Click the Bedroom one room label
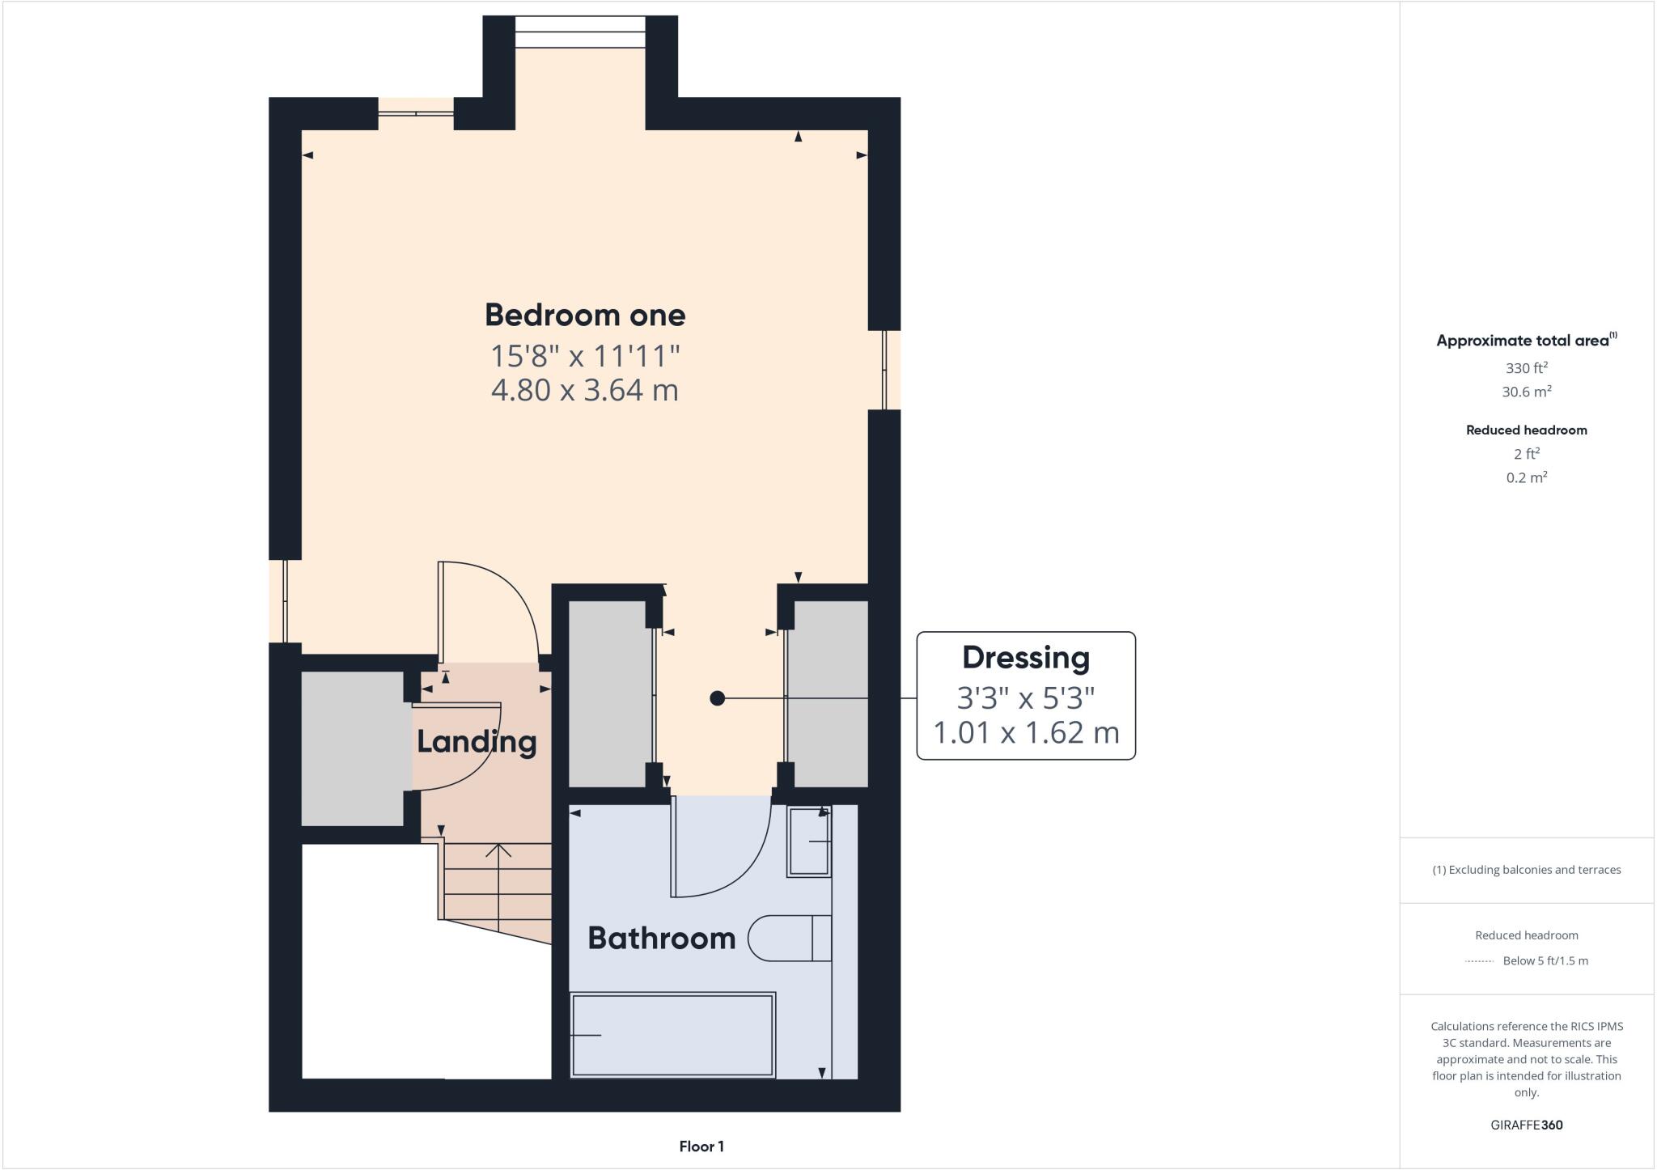[x=584, y=315]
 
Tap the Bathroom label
[x=661, y=938]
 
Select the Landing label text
[x=476, y=742]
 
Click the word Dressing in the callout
[x=1025, y=658]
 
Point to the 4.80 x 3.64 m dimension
[x=584, y=390]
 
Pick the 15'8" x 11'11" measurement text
[x=584, y=355]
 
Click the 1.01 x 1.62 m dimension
[x=1025, y=733]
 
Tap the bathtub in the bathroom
[x=672, y=1035]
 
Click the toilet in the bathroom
[x=789, y=939]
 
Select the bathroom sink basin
[x=809, y=841]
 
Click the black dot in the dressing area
[x=717, y=698]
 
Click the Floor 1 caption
[x=701, y=1147]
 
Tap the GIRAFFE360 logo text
[x=1526, y=1125]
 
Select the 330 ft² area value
[x=1526, y=368]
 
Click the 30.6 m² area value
[x=1526, y=392]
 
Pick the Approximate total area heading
[x=1526, y=341]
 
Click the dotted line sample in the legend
[x=1479, y=961]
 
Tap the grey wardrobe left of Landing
[x=352, y=748]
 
